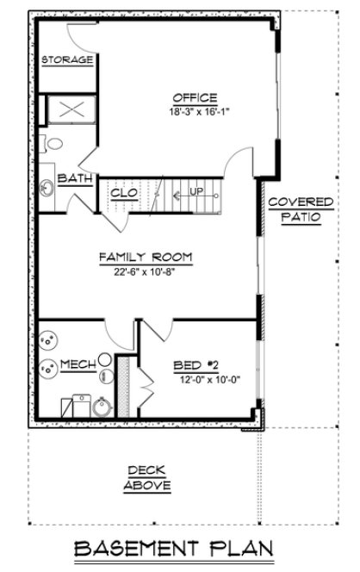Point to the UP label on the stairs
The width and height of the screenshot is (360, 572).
[196, 191]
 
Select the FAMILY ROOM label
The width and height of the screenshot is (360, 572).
[145, 257]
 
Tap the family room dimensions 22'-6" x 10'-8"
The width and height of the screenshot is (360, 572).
[145, 270]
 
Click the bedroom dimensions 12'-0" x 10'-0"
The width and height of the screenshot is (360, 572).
[204, 378]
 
